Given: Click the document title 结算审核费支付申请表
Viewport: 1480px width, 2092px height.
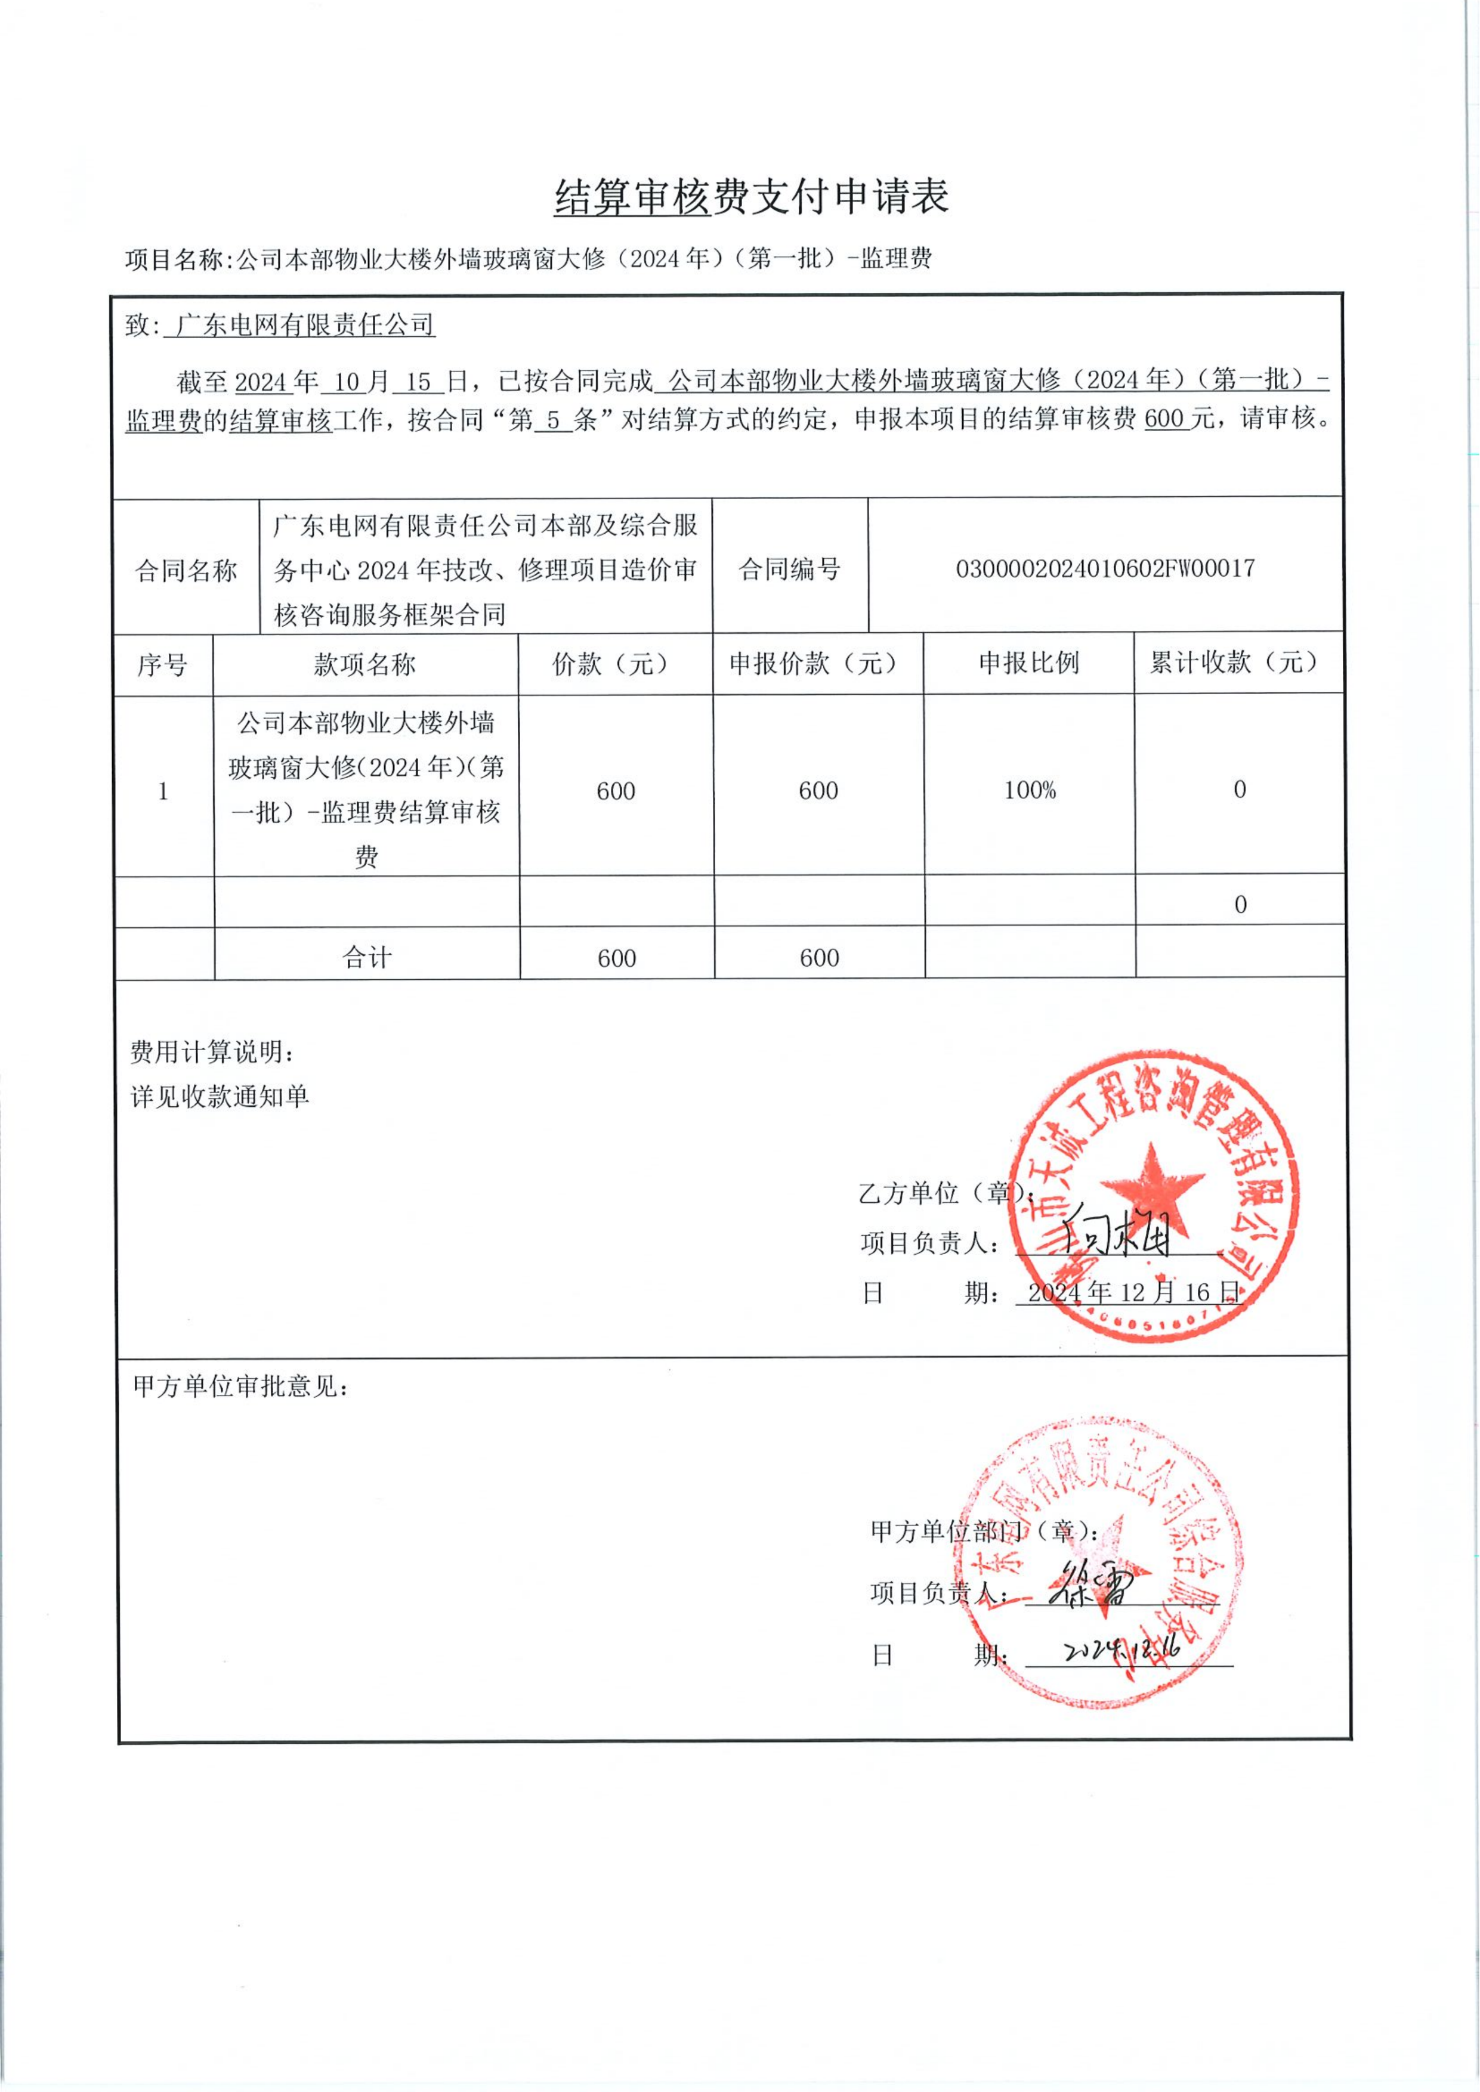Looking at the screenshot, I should point(752,197).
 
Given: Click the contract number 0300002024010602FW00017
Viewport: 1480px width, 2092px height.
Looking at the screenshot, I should point(1105,568).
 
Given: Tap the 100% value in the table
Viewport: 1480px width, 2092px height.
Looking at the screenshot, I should point(1029,790).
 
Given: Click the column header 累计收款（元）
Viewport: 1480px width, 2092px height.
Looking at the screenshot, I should point(1238,663).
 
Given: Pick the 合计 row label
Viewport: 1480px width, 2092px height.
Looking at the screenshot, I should point(366,957).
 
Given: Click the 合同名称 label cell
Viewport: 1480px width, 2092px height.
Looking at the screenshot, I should point(186,570).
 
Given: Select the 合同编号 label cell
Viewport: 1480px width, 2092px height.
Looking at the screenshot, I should point(789,570).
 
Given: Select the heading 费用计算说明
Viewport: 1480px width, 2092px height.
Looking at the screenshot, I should point(212,1053).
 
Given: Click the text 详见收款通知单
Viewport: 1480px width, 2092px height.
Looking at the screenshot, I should point(220,1096).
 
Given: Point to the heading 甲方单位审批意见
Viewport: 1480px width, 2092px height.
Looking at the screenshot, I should point(240,1387).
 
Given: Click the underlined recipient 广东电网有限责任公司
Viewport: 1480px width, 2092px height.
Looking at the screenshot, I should point(304,324).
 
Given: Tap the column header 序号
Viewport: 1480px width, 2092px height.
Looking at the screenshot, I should point(162,664).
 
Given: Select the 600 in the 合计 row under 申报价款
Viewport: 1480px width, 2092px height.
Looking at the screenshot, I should point(818,957).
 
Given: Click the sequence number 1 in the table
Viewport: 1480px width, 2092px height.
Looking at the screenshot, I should point(163,791).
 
